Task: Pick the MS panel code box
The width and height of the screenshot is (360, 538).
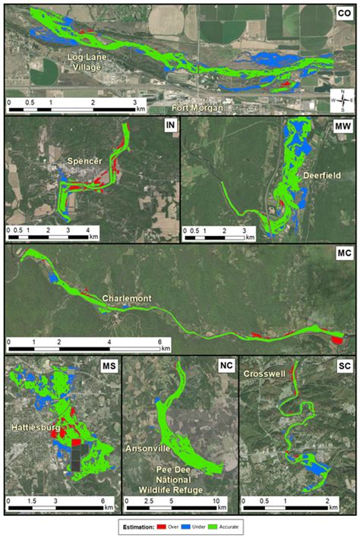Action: pos(108,367)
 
